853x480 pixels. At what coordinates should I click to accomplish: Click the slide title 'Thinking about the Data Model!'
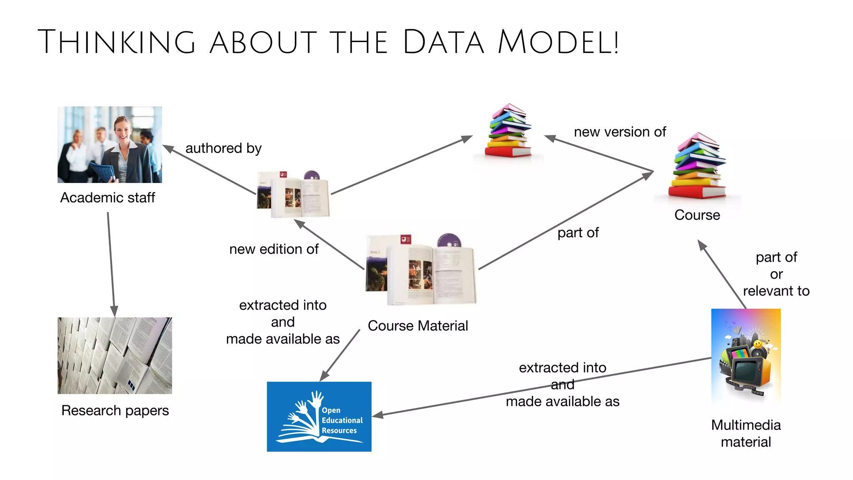(328, 42)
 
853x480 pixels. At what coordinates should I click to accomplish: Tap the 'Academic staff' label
(107, 197)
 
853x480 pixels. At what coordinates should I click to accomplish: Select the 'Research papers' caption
(115, 410)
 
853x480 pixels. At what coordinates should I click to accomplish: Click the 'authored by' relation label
(223, 148)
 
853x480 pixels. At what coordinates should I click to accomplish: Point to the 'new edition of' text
(274, 249)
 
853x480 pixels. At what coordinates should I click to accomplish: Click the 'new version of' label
(620, 132)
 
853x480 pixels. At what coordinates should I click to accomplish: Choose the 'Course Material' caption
(418, 326)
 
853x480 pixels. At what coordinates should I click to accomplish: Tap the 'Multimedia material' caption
(746, 433)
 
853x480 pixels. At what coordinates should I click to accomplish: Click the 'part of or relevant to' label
(776, 274)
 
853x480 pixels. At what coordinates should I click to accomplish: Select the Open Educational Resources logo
(319, 416)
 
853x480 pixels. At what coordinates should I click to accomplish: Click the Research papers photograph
(115, 355)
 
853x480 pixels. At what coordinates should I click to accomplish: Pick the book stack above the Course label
(698, 167)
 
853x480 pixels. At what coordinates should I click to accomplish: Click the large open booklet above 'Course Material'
(421, 270)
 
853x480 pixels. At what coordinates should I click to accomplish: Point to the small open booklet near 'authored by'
(294, 195)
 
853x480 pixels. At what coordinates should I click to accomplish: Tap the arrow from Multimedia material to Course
(723, 275)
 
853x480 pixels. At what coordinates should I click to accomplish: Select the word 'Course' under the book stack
(697, 215)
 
